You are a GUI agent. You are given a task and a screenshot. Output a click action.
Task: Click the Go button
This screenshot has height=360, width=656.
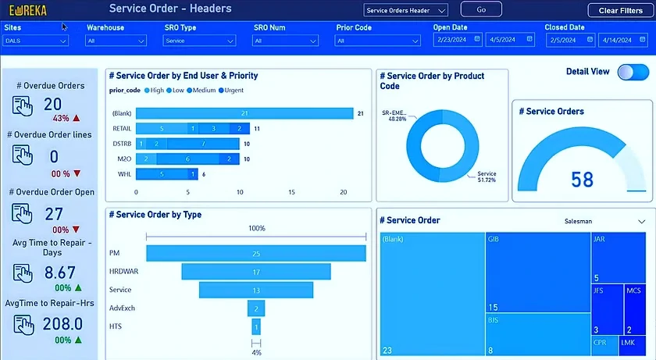point(480,9)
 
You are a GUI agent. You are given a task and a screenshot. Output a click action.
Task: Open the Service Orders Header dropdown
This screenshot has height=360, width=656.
point(406,10)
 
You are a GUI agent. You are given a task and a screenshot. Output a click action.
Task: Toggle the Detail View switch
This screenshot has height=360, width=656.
point(633,72)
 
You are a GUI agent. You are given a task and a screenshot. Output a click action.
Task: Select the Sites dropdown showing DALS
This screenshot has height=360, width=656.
point(35,41)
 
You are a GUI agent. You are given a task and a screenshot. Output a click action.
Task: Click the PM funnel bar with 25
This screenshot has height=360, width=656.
point(255,254)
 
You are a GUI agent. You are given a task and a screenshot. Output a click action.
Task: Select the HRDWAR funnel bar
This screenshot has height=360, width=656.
point(255,272)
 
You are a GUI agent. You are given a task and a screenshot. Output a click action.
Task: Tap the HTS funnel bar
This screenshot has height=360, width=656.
point(255,326)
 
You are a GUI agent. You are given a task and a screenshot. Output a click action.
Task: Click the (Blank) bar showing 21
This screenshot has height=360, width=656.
point(244,113)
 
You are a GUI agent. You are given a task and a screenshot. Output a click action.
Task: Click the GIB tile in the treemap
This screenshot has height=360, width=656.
point(537,273)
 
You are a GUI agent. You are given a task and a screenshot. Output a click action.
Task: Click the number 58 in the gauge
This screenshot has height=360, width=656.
point(582,180)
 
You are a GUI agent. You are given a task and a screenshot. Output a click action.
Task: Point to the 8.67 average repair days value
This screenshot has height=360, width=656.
point(59,273)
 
